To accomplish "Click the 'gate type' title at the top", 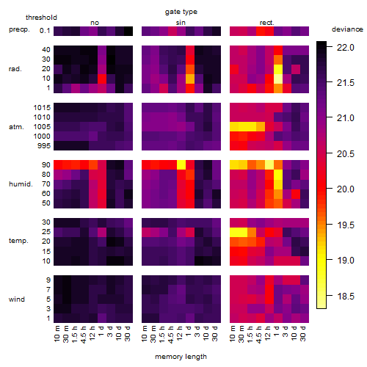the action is [181, 12].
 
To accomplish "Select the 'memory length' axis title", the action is [181, 357].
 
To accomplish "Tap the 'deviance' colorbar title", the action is [347, 29].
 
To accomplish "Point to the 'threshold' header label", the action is [41, 18].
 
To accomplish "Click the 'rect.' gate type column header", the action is [266, 23].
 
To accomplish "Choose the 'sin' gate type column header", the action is [181, 23].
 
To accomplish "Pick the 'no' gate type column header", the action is [95, 23].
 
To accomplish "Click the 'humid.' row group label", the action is [21, 184].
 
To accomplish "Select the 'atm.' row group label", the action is [16, 127].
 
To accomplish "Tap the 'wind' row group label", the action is [17, 299].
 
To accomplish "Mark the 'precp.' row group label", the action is [19, 29].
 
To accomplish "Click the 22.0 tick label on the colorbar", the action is [346, 48].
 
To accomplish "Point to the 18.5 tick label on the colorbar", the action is [346, 297].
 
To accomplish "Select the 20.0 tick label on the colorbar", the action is [346, 189].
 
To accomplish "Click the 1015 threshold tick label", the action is [42, 108].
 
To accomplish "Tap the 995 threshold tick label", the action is [44, 146].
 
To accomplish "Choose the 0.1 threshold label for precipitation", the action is [45, 31].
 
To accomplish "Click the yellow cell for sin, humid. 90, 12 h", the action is [181, 165].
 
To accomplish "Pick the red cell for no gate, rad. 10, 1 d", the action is [102, 79].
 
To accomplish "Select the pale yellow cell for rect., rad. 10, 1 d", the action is [278, 79].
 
